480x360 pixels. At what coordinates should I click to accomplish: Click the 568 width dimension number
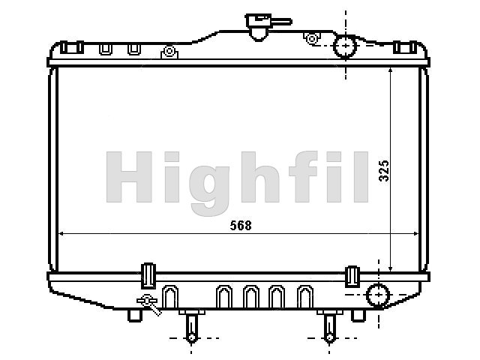point(241,226)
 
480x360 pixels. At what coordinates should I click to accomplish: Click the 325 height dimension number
point(384,171)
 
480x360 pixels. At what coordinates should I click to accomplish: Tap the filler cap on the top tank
point(259,27)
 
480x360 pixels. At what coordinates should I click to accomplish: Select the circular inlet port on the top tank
point(345,46)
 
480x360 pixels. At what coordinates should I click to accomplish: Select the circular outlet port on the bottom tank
point(378,295)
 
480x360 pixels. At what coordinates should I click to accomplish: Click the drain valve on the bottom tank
point(149,304)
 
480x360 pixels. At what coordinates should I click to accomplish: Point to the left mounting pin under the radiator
point(192,326)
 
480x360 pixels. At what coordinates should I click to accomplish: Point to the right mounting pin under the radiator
point(330,326)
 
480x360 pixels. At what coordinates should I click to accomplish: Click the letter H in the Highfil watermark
point(129,177)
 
